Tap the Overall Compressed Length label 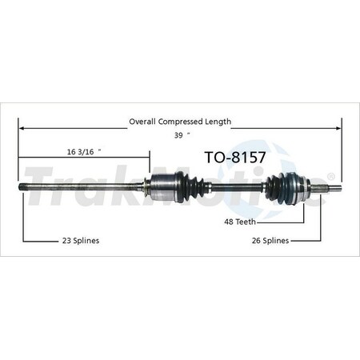(180, 122)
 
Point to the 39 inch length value (177, 134)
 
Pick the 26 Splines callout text (268, 240)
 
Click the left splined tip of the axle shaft (24, 187)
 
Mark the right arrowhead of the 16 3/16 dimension (147, 156)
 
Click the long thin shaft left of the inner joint (88, 187)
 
